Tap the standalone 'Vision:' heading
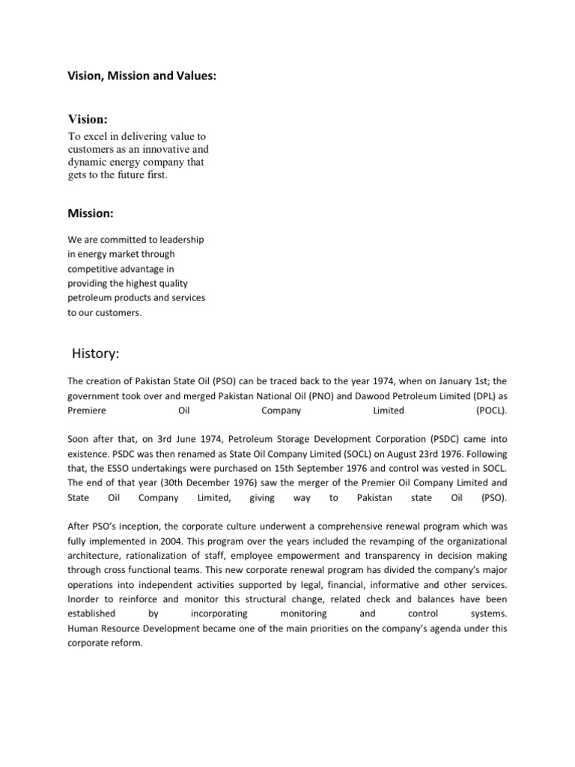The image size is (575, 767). point(88,120)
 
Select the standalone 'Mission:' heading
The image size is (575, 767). point(91,213)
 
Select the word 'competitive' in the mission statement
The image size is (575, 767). point(95,268)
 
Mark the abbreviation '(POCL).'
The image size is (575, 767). point(491,410)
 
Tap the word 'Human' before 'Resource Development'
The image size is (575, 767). point(82,628)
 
